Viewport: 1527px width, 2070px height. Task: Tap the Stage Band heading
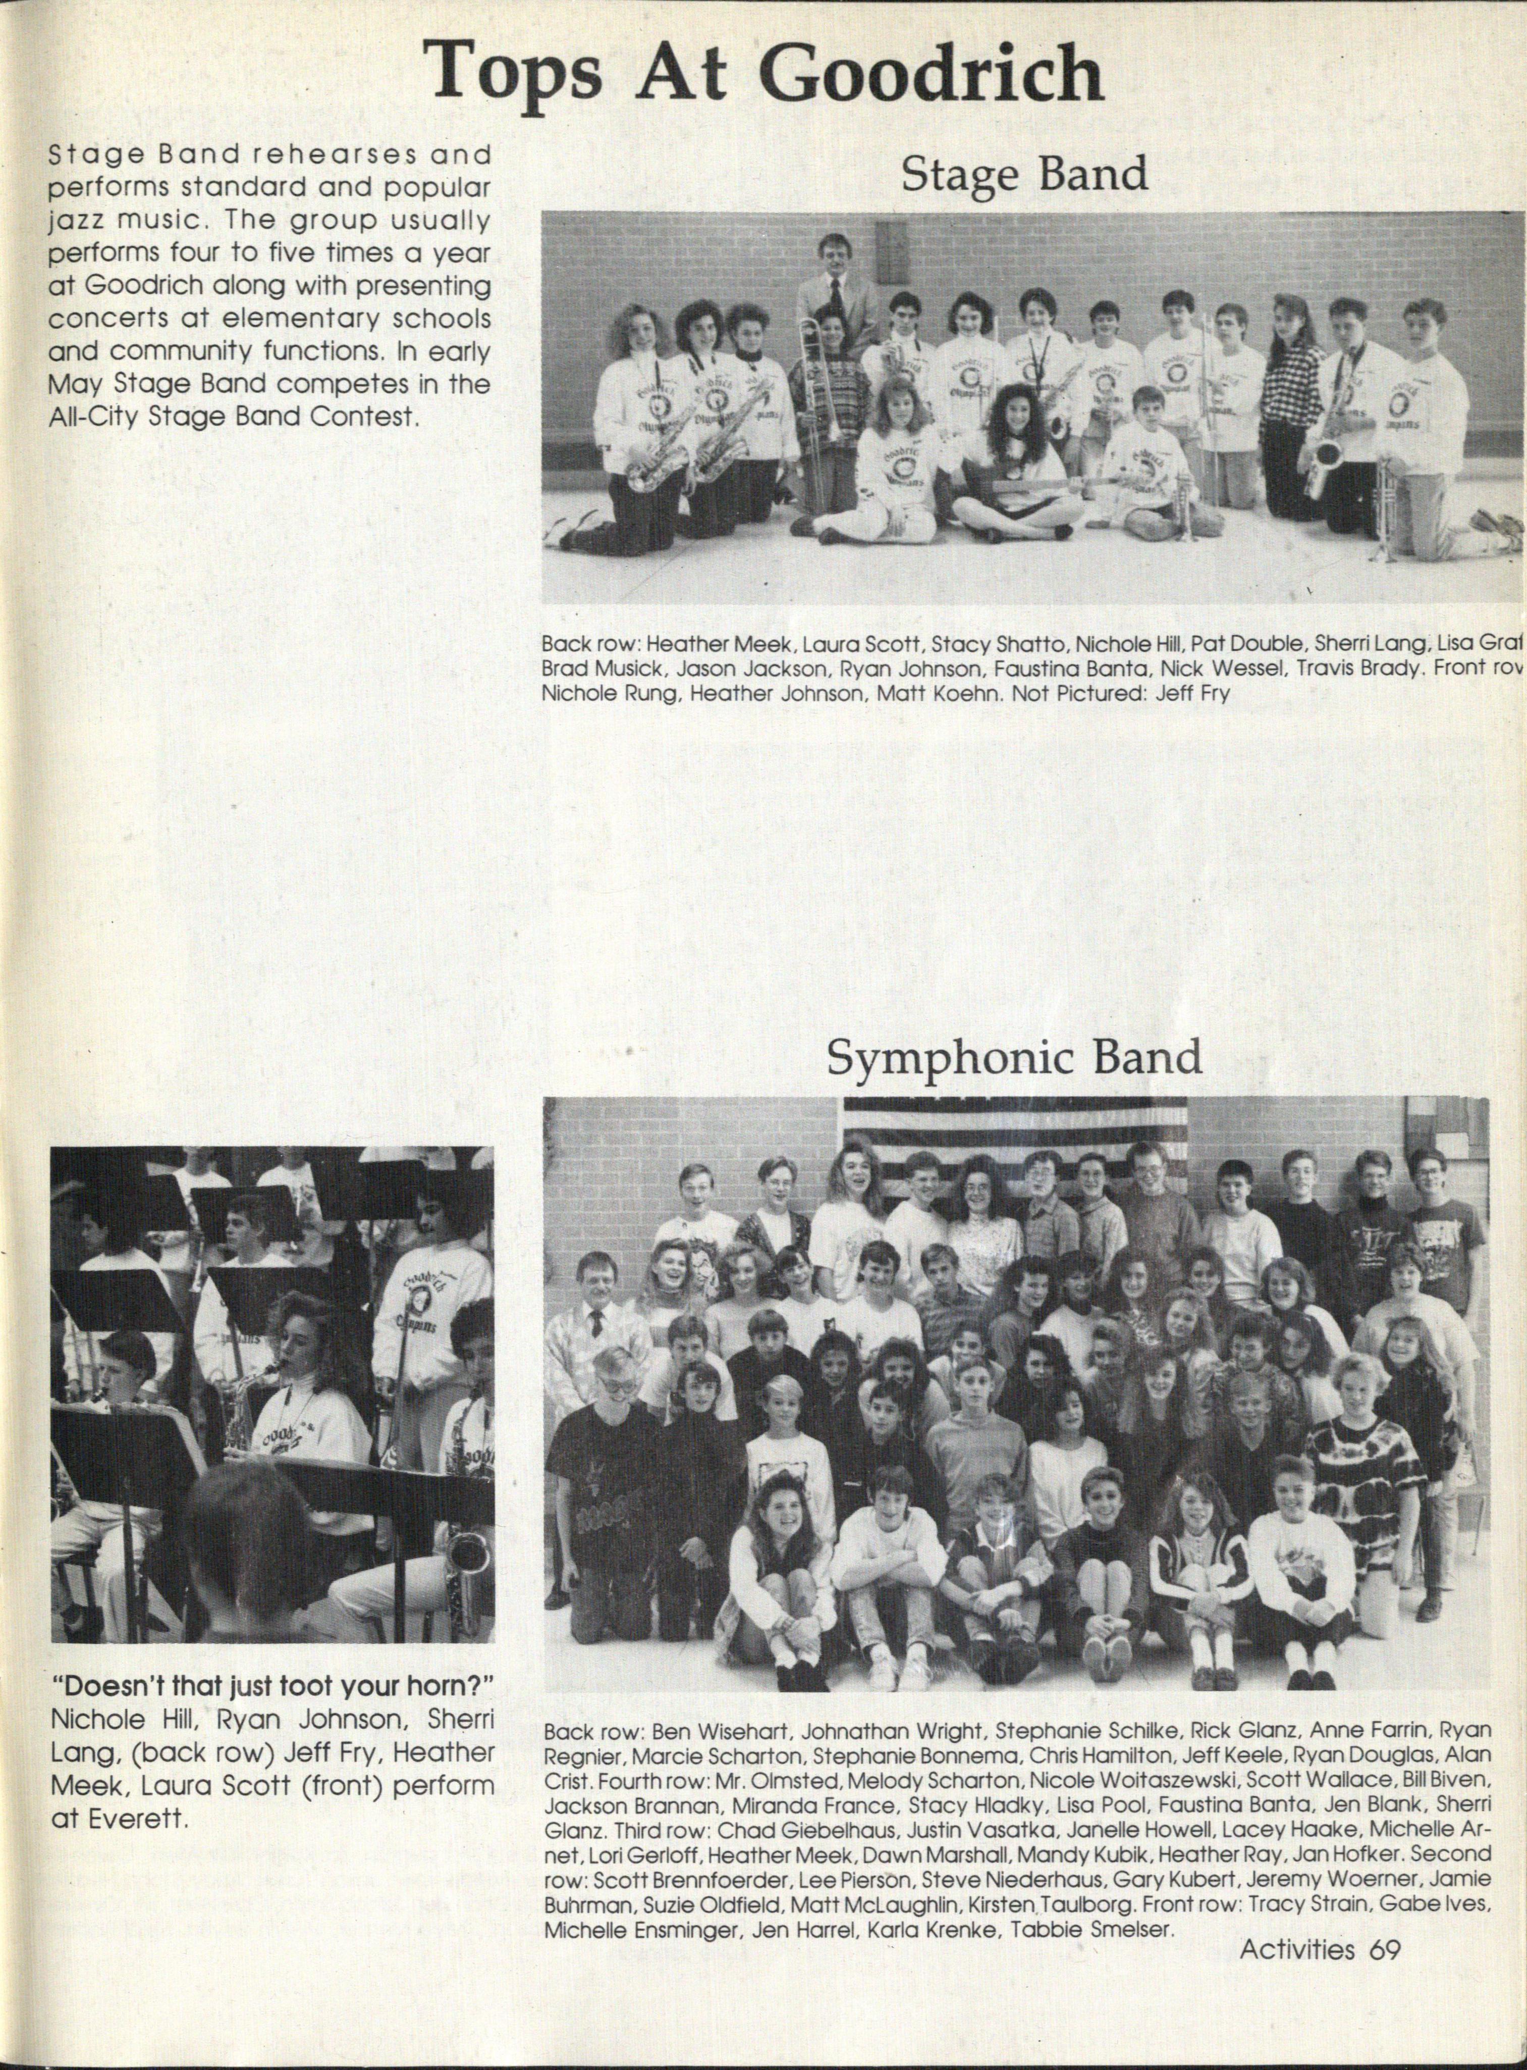(x=1024, y=174)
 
